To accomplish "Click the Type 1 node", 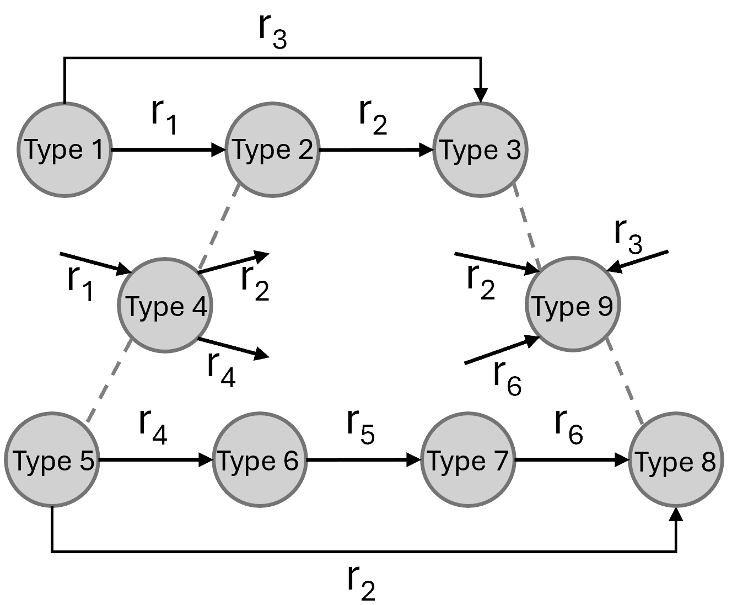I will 65,150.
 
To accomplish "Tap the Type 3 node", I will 480,150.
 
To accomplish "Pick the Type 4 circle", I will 165,306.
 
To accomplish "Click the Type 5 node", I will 52,461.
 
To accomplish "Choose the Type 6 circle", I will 259,461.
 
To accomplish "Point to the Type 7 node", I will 467,461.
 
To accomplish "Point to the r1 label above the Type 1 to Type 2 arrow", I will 164,117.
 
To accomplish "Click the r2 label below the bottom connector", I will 361,583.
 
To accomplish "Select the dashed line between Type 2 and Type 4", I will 219,227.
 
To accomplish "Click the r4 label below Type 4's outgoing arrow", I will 222,368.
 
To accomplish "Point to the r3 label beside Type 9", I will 628,238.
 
